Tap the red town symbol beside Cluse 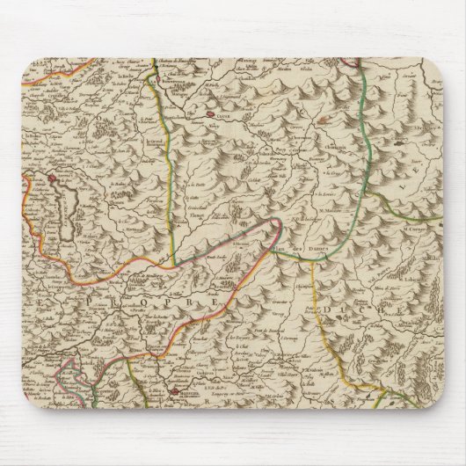point(211,113)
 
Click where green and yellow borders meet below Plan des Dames point(312,264)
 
